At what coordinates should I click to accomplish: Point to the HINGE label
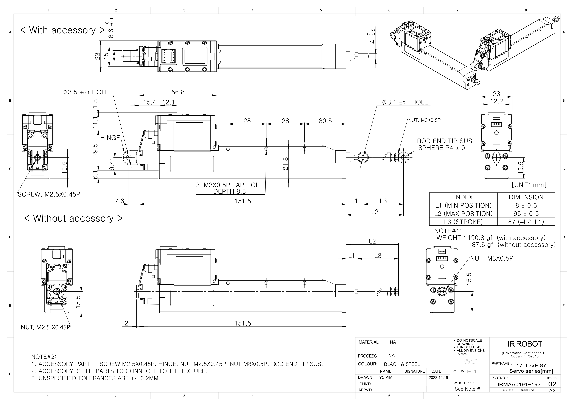coord(110,138)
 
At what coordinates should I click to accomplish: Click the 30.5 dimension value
coord(325,121)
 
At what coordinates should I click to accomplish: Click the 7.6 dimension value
coord(119,201)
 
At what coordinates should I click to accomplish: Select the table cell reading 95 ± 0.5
coord(526,214)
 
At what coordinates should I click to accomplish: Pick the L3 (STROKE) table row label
coord(463,222)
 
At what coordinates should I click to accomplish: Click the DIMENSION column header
coord(526,197)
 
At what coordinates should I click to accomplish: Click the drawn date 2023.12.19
coord(438,378)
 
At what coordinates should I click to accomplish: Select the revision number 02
coord(552,384)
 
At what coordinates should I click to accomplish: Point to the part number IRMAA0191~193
coord(519,384)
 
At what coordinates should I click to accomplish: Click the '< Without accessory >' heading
coord(73,218)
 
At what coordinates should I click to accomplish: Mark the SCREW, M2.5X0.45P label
coord(49,195)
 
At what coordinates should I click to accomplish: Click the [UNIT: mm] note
coord(529,185)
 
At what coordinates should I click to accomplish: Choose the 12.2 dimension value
coord(496,101)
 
